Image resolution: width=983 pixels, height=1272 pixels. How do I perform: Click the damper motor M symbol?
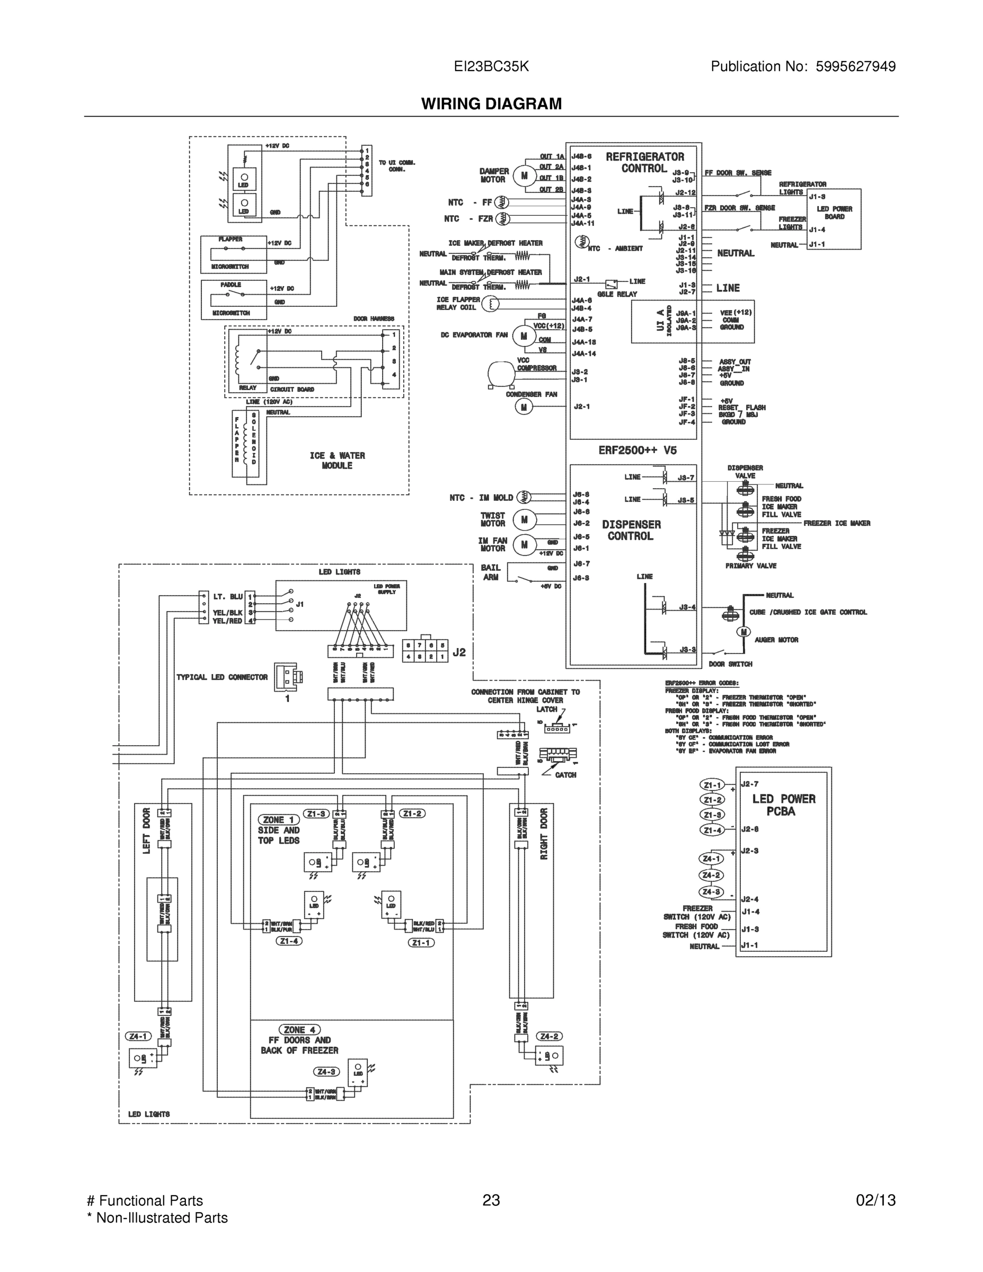pos(524,175)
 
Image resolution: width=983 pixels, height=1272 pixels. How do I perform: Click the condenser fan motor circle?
pos(524,407)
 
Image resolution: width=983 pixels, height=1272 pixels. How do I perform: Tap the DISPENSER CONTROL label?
pos(631,530)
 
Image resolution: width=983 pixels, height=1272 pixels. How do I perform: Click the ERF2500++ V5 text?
pos(637,450)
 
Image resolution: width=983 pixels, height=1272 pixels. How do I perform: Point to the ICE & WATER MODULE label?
pos(337,460)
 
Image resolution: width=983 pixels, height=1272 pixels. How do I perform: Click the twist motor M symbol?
pos(524,519)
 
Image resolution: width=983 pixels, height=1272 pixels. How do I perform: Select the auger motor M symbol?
pos(743,632)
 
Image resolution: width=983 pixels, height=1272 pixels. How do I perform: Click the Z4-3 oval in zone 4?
pos(325,1072)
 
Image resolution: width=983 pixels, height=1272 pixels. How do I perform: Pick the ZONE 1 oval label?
pos(278,819)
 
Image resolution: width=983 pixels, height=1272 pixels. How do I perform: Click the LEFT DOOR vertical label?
pos(146,831)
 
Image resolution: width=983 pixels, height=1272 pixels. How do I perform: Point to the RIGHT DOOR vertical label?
pos(544,834)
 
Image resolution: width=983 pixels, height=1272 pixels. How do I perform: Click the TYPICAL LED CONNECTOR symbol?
pos(286,677)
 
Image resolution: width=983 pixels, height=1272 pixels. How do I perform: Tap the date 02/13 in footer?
pos(875,1200)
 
